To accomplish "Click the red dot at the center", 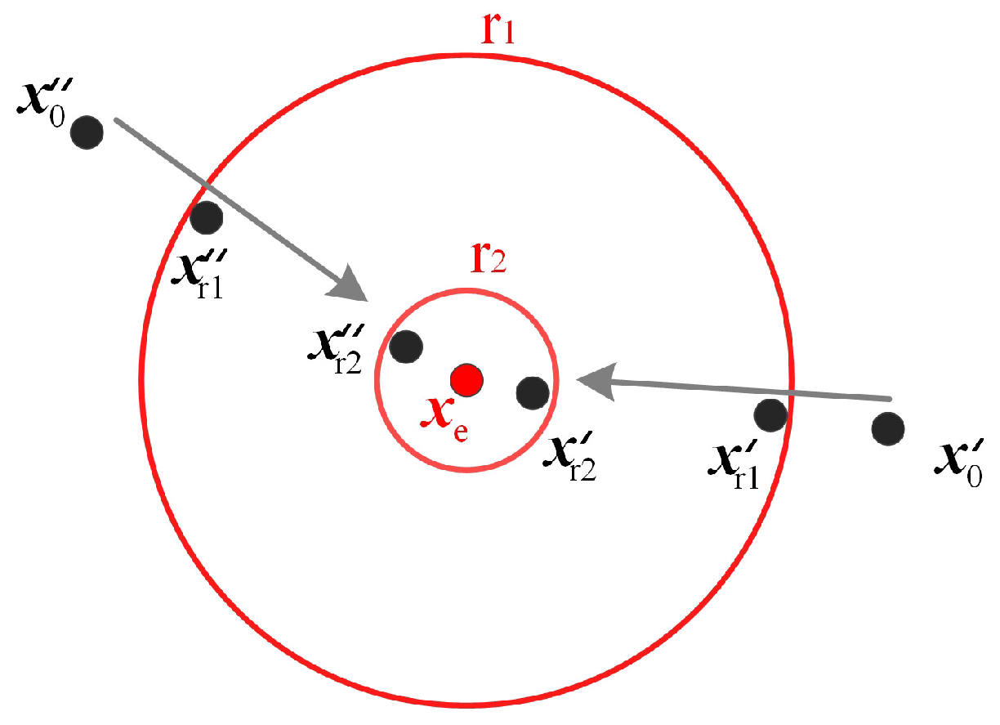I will (467, 378).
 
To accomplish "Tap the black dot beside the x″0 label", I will (87, 131).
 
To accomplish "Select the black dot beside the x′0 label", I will (887, 428).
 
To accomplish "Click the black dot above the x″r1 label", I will (206, 217).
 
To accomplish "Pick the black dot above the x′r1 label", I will (770, 415).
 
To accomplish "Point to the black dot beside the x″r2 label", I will (406, 346).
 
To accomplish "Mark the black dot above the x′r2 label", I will (533, 392).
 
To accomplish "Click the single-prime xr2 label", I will (569, 458).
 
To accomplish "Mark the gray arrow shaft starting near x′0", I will (752, 391).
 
